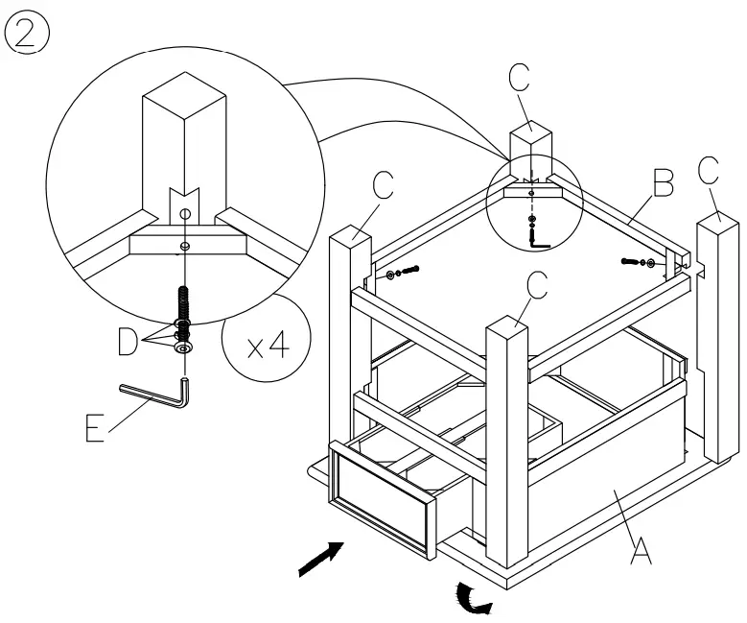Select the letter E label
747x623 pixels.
pyautogui.click(x=94, y=426)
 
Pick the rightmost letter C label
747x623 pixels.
pyautogui.click(x=709, y=171)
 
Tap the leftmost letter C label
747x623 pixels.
pyautogui.click(x=383, y=186)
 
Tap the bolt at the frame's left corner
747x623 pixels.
pyautogui.click(x=404, y=275)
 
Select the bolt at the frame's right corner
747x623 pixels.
pyautogui.click(x=639, y=261)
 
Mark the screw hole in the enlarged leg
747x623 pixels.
pyautogui.click(x=185, y=213)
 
